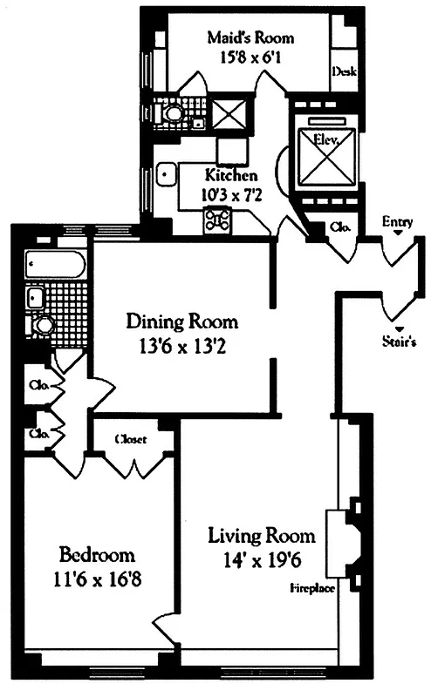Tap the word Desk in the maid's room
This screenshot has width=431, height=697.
(x=343, y=73)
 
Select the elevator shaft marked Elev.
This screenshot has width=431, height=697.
(x=327, y=156)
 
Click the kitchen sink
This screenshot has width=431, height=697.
(x=163, y=173)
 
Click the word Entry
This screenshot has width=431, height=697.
(x=397, y=221)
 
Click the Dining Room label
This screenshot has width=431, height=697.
(x=181, y=321)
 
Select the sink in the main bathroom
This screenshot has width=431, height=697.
(x=37, y=298)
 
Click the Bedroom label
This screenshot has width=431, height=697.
(x=97, y=554)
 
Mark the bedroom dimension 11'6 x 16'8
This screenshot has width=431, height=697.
(x=97, y=577)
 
